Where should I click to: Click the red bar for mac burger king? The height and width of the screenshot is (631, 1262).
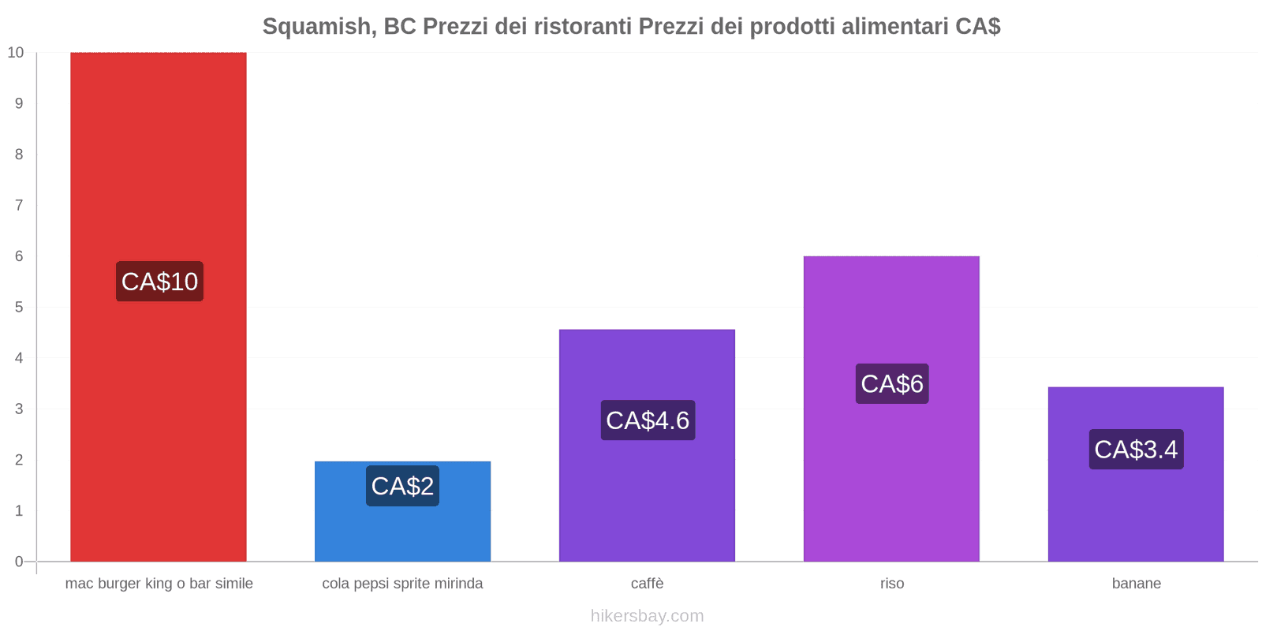[x=159, y=307]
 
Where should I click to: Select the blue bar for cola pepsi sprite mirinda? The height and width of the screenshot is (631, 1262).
[x=402, y=511]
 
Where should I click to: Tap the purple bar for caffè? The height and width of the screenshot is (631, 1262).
[x=647, y=445]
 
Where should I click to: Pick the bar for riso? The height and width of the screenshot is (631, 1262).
[x=891, y=409]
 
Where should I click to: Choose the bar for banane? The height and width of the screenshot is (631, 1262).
[x=1136, y=474]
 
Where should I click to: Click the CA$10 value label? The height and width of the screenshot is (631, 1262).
[x=159, y=281]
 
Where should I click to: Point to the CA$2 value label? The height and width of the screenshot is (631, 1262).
[x=402, y=486]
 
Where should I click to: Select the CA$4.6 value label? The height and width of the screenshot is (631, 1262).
[x=648, y=420]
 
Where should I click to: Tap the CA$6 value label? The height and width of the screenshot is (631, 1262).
[x=892, y=383]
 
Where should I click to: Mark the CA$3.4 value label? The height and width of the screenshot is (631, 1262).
[x=1137, y=449]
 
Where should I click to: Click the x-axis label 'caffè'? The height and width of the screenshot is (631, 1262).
[x=647, y=583]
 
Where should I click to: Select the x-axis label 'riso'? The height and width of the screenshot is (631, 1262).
[x=892, y=583]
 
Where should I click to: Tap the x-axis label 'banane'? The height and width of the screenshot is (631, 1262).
[x=1137, y=583]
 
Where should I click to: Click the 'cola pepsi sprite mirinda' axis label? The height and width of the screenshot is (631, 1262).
[x=402, y=583]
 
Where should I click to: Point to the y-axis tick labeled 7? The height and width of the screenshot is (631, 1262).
[x=19, y=205]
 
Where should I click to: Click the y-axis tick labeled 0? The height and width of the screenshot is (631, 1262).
[x=19, y=561]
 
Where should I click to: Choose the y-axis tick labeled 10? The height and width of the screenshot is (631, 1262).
[x=15, y=52]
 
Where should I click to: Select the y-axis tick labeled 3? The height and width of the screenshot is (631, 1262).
[x=19, y=409]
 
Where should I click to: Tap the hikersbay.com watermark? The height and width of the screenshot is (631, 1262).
[x=647, y=615]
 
